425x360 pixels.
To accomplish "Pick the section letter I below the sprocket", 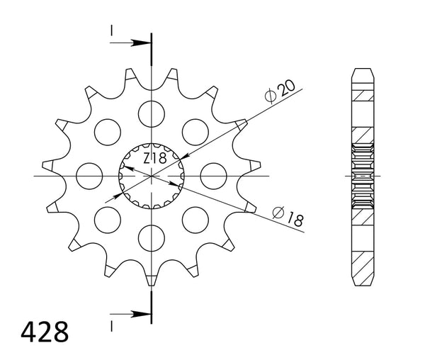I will click(111, 325).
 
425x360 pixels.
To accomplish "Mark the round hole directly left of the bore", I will click(89, 175).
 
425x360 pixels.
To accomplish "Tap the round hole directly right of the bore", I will click(212, 175).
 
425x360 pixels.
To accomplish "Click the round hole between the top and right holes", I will click(194, 131).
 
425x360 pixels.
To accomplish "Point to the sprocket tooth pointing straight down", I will click(151, 281).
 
